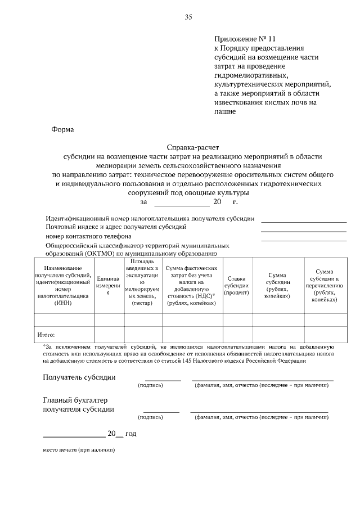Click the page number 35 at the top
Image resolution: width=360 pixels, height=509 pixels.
(188, 17)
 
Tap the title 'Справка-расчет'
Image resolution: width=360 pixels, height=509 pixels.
(188, 148)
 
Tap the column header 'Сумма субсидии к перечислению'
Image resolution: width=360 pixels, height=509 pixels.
(324, 286)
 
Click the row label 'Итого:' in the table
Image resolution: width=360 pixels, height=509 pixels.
(46, 334)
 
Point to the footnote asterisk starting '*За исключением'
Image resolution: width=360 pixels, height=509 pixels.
(44, 346)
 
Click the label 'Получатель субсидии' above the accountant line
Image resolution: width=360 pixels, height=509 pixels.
(79, 377)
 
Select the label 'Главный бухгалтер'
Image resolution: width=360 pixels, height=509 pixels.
(75, 400)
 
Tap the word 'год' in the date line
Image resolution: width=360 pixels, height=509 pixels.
(130, 434)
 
